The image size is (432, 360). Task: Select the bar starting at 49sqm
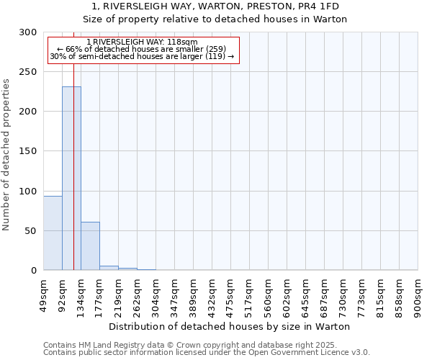[x=53, y=233]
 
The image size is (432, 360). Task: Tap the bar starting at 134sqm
[x=90, y=246]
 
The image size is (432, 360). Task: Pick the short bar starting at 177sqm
[x=109, y=268]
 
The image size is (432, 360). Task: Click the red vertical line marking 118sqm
[x=73, y=144]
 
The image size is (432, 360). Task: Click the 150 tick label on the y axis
[x=28, y=151]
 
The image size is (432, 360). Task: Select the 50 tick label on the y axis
[x=31, y=231]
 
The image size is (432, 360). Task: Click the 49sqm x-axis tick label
[x=44, y=293]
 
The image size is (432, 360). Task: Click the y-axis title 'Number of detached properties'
[x=6, y=155]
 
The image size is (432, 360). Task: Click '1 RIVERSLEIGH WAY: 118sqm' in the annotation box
[x=141, y=42]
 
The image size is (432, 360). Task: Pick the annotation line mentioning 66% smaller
[x=141, y=49]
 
